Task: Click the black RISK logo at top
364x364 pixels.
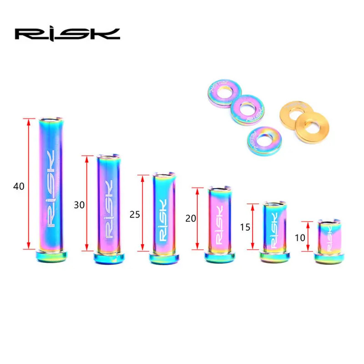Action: coord(67,35)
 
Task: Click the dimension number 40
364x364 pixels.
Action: coord(19,187)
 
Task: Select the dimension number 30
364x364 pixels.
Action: coord(79,205)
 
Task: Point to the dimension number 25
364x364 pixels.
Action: coord(135,215)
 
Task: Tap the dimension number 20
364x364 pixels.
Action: coord(191,218)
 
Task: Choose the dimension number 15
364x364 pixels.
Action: coord(245,227)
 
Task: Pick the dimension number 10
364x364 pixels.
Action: coord(300,238)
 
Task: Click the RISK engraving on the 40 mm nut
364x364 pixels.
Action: coord(51,188)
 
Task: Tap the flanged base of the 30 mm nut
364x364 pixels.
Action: coord(109,258)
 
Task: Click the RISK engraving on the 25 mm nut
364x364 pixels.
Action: coord(163,220)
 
